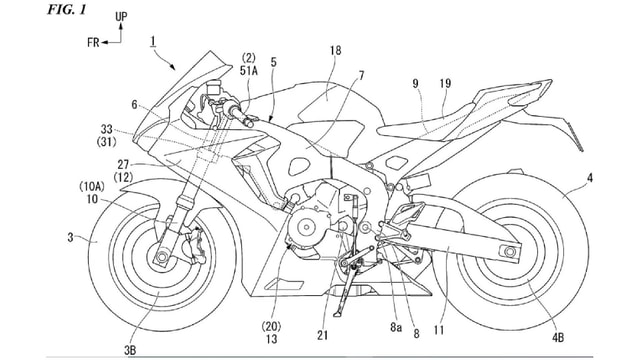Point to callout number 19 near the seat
[x=445, y=86]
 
